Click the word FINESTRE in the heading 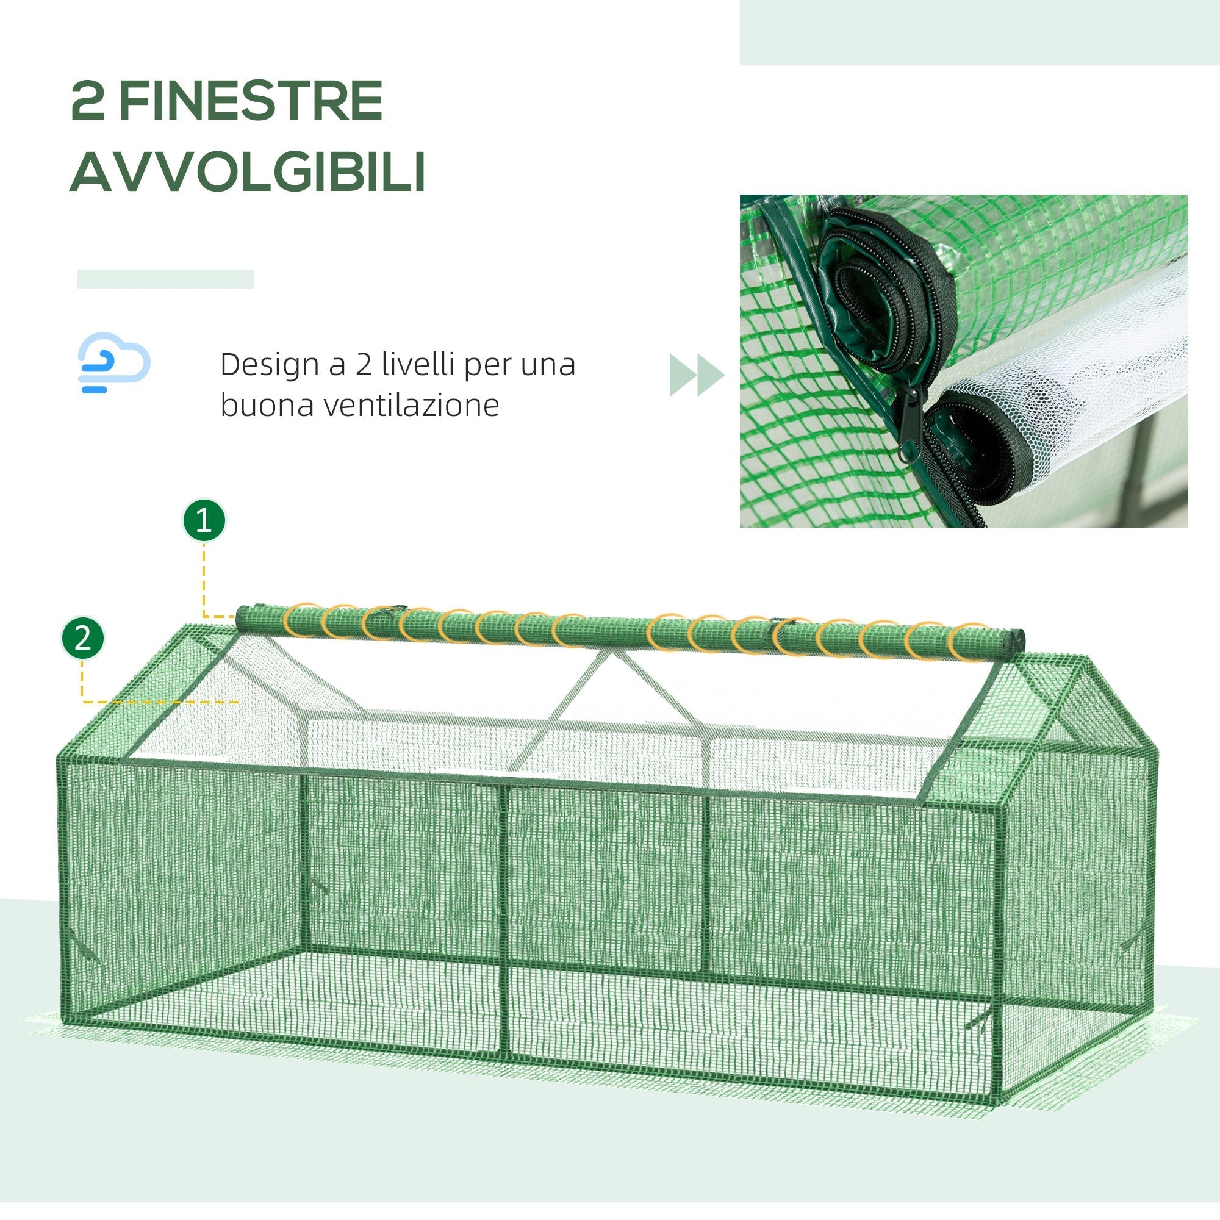[251, 101]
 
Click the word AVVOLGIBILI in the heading [248, 172]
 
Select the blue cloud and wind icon [113, 362]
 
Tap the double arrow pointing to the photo [696, 375]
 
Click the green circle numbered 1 [204, 521]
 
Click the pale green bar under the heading [165, 279]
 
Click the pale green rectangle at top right [979, 32]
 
